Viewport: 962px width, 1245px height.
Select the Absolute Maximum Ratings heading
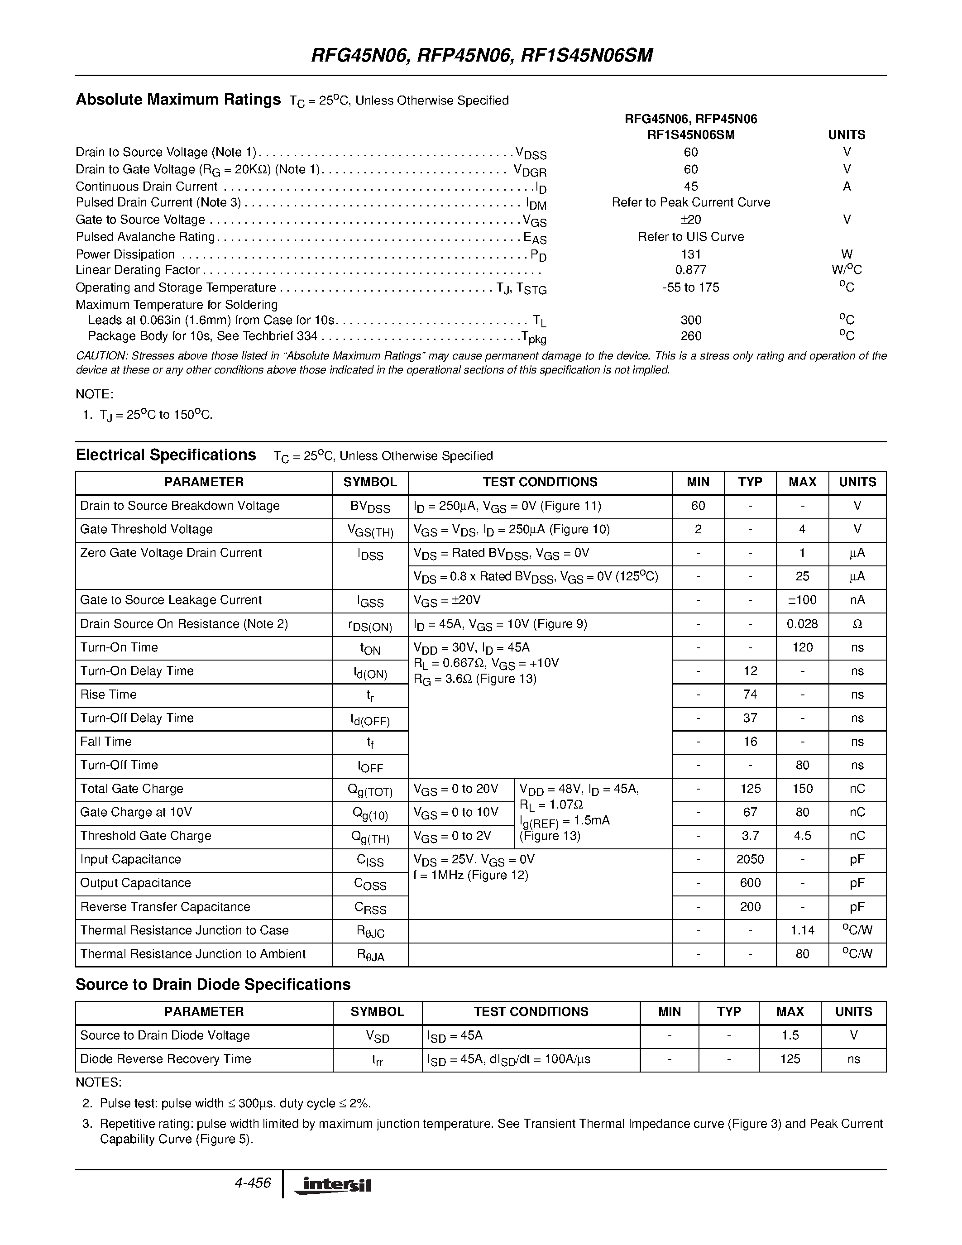pos(178,100)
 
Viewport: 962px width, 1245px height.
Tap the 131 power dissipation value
pos(690,254)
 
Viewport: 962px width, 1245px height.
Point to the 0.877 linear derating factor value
pos(690,270)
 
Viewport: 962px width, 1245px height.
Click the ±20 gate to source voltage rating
pos(690,220)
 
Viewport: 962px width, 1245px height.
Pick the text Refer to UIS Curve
pos(690,237)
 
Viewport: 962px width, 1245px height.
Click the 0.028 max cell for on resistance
pos(802,624)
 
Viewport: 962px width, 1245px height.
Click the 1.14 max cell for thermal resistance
pos(802,931)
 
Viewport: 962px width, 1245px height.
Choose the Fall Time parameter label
pos(106,742)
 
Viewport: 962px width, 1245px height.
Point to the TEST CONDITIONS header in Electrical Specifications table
pos(540,482)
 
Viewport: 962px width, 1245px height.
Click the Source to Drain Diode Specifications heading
pos(213,985)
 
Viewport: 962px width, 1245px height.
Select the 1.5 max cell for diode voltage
pos(790,1035)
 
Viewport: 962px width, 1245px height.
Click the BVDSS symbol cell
pos(370,507)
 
